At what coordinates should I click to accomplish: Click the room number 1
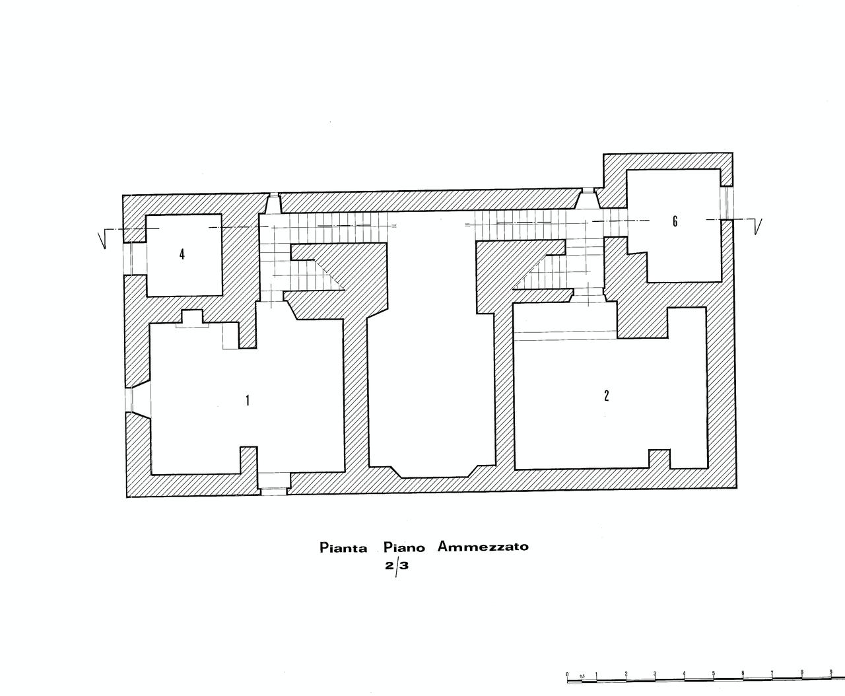pos(248,400)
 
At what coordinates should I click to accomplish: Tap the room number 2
pos(606,396)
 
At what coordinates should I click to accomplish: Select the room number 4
pos(182,254)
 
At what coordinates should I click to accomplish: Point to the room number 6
pos(675,221)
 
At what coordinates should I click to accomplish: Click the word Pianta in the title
pos(343,547)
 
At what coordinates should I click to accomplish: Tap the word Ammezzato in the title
pos(483,547)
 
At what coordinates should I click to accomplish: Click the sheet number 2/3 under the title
pos(397,566)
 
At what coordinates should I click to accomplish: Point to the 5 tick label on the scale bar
pos(714,674)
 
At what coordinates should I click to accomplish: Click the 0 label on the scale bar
pos(567,675)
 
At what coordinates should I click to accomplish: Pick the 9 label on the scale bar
pos(831,672)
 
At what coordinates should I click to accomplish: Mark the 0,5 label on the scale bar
pos(582,676)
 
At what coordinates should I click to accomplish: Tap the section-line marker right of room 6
pos(758,226)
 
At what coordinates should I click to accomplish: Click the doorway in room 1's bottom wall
pos(274,483)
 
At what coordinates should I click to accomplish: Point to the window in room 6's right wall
pos(727,203)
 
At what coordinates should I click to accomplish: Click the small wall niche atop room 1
pos(192,318)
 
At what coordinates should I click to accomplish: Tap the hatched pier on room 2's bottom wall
pos(659,459)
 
